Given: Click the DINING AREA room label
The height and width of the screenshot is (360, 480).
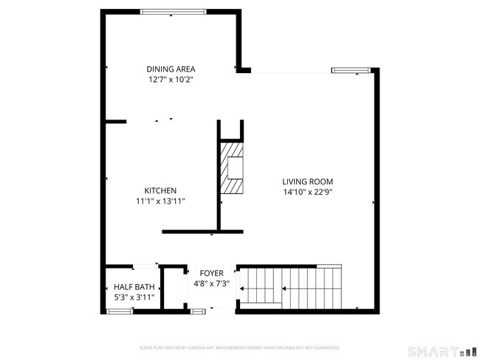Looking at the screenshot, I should (170, 69).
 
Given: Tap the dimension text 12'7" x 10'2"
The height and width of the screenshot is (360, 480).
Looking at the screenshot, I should (170, 79).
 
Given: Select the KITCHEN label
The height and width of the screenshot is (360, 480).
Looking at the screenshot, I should (160, 190).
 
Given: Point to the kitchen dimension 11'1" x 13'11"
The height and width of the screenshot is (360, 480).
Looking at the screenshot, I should (160, 201).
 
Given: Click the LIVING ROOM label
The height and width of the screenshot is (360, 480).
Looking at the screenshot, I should (308, 181).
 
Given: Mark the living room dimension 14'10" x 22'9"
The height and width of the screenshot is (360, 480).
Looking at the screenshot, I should (308, 192).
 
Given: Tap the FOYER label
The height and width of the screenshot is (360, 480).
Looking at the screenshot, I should (212, 273).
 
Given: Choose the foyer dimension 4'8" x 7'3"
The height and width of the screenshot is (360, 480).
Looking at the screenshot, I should (212, 283).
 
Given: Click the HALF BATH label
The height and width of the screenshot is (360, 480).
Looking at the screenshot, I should (134, 287).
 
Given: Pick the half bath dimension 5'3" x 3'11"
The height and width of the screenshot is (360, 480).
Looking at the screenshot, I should (134, 297).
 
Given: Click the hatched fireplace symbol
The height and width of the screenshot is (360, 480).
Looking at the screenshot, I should (233, 167).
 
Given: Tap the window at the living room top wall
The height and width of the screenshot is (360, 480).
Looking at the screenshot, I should (349, 70).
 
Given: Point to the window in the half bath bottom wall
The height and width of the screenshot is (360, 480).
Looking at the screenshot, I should (120, 312).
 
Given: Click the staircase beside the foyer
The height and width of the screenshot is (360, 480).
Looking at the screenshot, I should (295, 288).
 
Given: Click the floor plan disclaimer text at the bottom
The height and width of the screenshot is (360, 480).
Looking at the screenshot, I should (239, 347).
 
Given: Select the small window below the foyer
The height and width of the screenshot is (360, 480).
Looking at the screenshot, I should (198, 312).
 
